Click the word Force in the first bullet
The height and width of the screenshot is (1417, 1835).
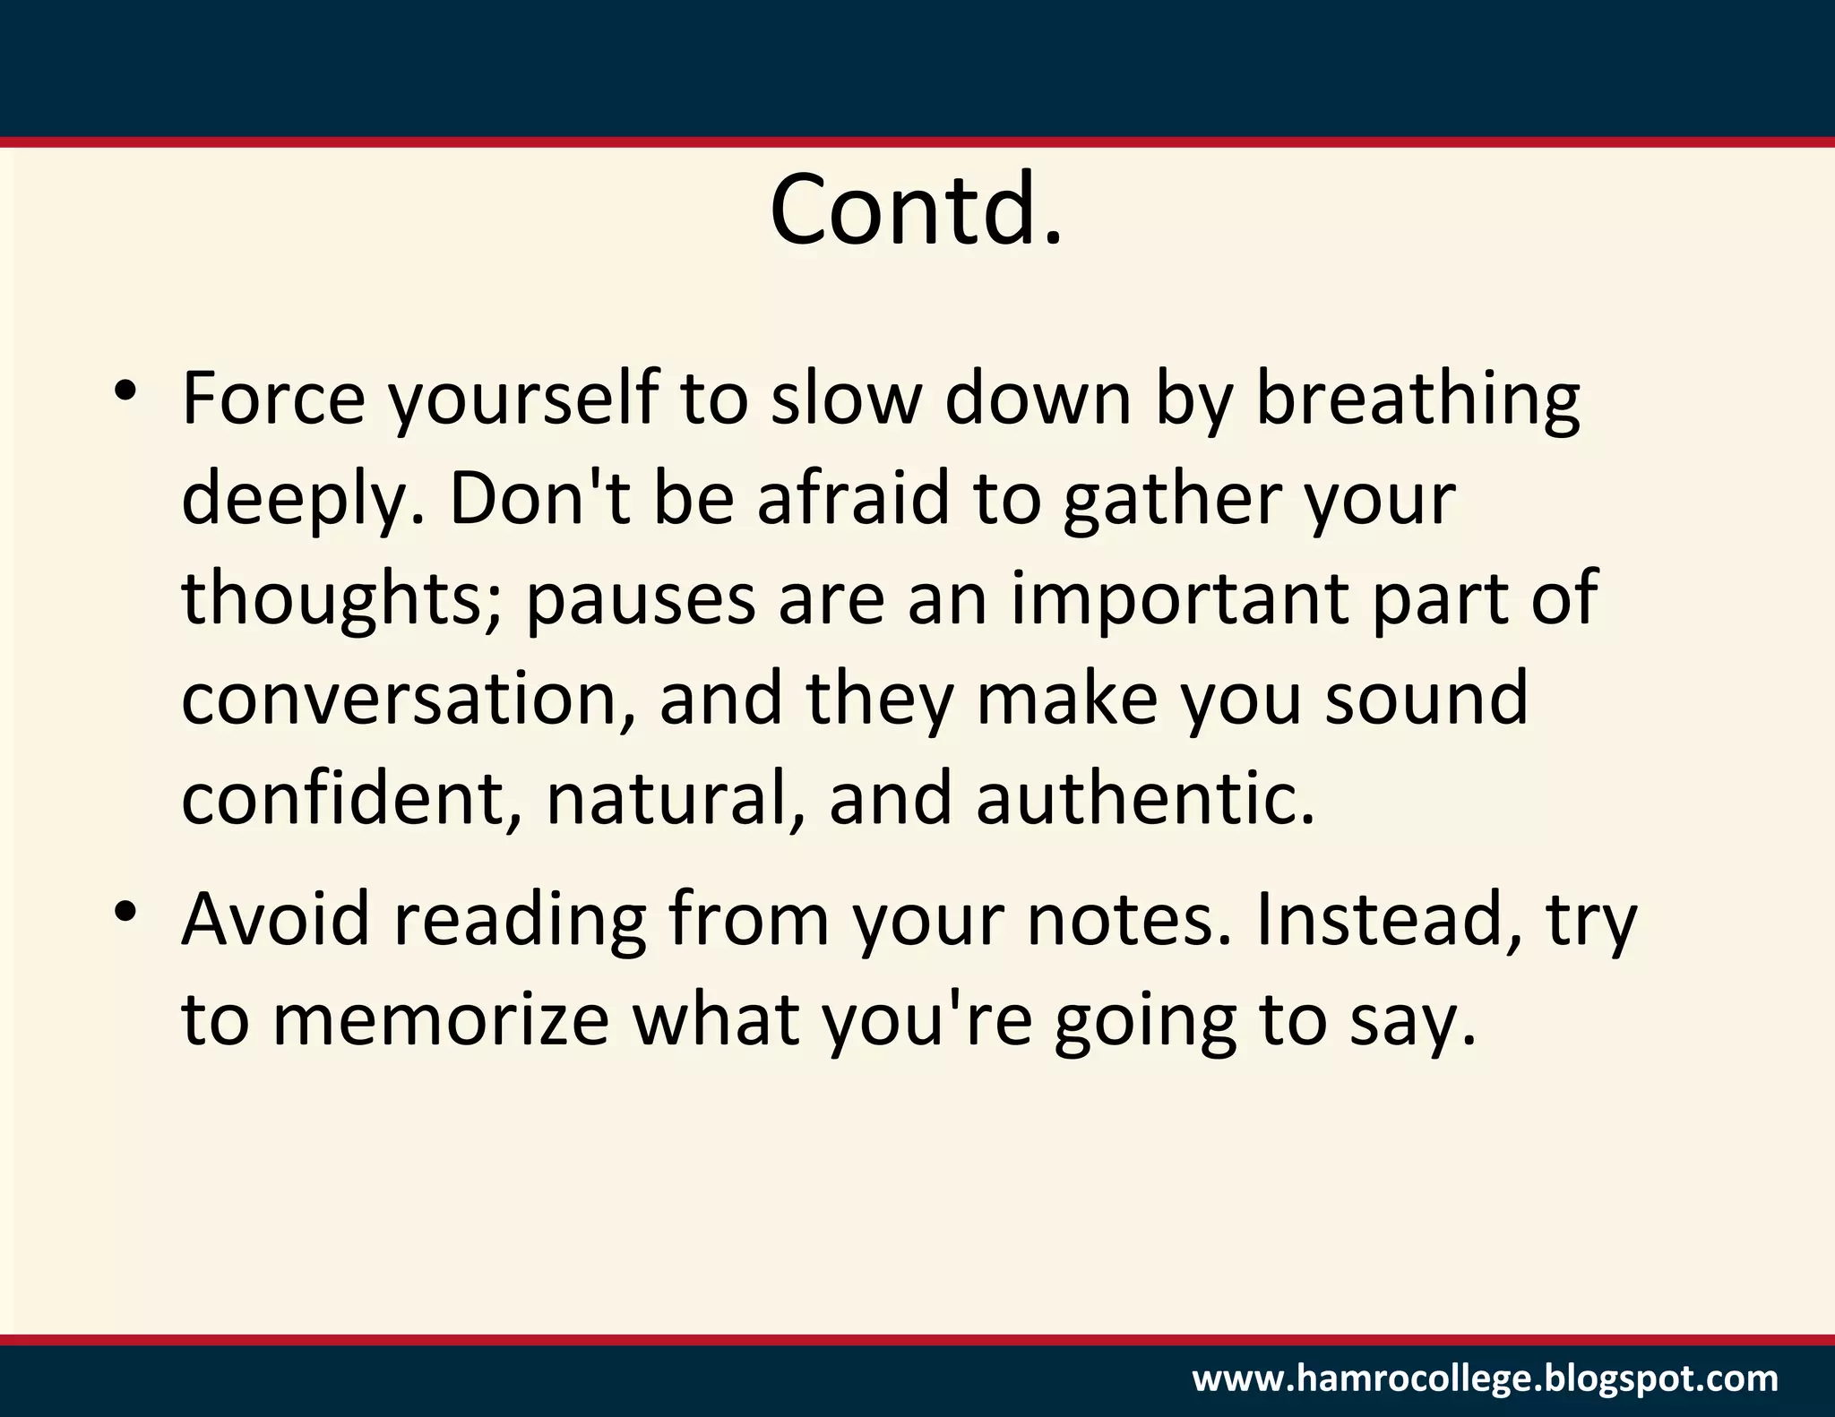[273, 399]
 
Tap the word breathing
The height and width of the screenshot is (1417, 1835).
[1417, 400]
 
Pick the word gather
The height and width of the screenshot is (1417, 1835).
[1172, 501]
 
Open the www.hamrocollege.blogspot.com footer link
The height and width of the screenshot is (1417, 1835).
[1485, 1378]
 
